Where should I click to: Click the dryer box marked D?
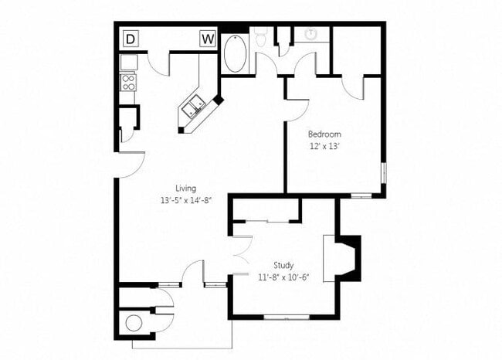point(130,39)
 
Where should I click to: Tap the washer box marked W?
point(207,39)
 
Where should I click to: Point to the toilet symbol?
point(260,36)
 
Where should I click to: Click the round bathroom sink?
point(312,35)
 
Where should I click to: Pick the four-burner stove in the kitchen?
point(128,81)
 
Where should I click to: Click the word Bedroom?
point(324,134)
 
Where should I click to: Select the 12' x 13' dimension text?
point(324,146)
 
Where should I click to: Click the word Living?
point(185,188)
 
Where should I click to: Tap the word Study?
point(283,265)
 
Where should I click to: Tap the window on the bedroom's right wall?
point(383,173)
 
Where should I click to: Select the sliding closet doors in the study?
point(267,221)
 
